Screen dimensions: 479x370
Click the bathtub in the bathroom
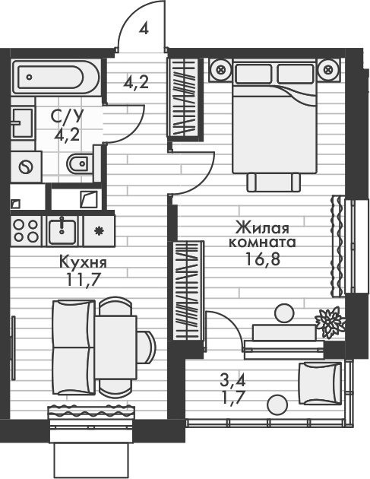point(52,75)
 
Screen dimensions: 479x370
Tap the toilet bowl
point(78,163)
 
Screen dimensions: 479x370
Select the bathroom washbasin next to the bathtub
point(21,121)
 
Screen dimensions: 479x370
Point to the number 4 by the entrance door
point(144,29)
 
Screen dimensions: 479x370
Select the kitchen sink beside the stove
point(61,229)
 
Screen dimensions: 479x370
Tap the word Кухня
point(83,263)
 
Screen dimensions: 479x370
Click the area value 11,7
point(84,279)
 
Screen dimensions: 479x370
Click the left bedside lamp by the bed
point(222,70)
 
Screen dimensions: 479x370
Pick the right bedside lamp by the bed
point(328,70)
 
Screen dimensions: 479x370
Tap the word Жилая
point(261,227)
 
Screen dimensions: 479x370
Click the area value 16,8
point(261,259)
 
